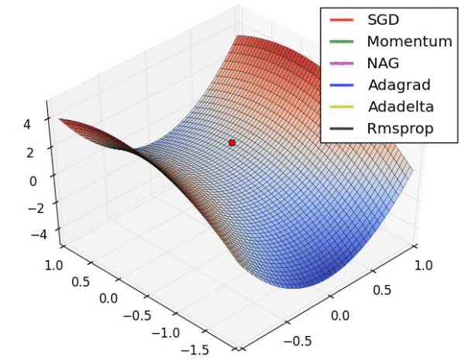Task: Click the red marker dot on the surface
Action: (x=232, y=142)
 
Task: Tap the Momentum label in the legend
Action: (x=409, y=42)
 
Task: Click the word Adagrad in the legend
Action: (x=398, y=85)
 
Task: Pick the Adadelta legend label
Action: (x=401, y=106)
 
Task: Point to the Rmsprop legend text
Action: (x=401, y=128)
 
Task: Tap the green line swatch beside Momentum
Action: (x=342, y=42)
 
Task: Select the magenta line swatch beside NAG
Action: (x=342, y=63)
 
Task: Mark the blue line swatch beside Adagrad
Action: (x=342, y=85)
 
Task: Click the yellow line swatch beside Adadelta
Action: (x=342, y=106)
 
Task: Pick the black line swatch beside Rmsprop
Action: (x=342, y=128)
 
